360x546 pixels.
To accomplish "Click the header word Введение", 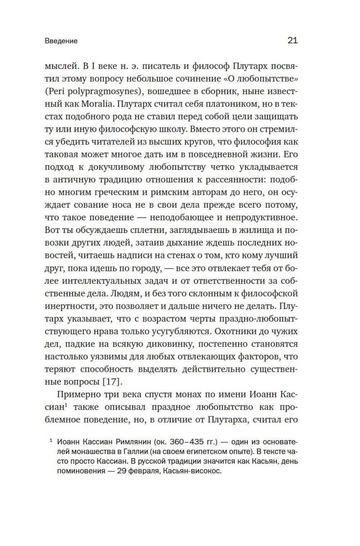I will click(x=61, y=41).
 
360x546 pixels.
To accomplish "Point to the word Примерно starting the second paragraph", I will click(x=78, y=394).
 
